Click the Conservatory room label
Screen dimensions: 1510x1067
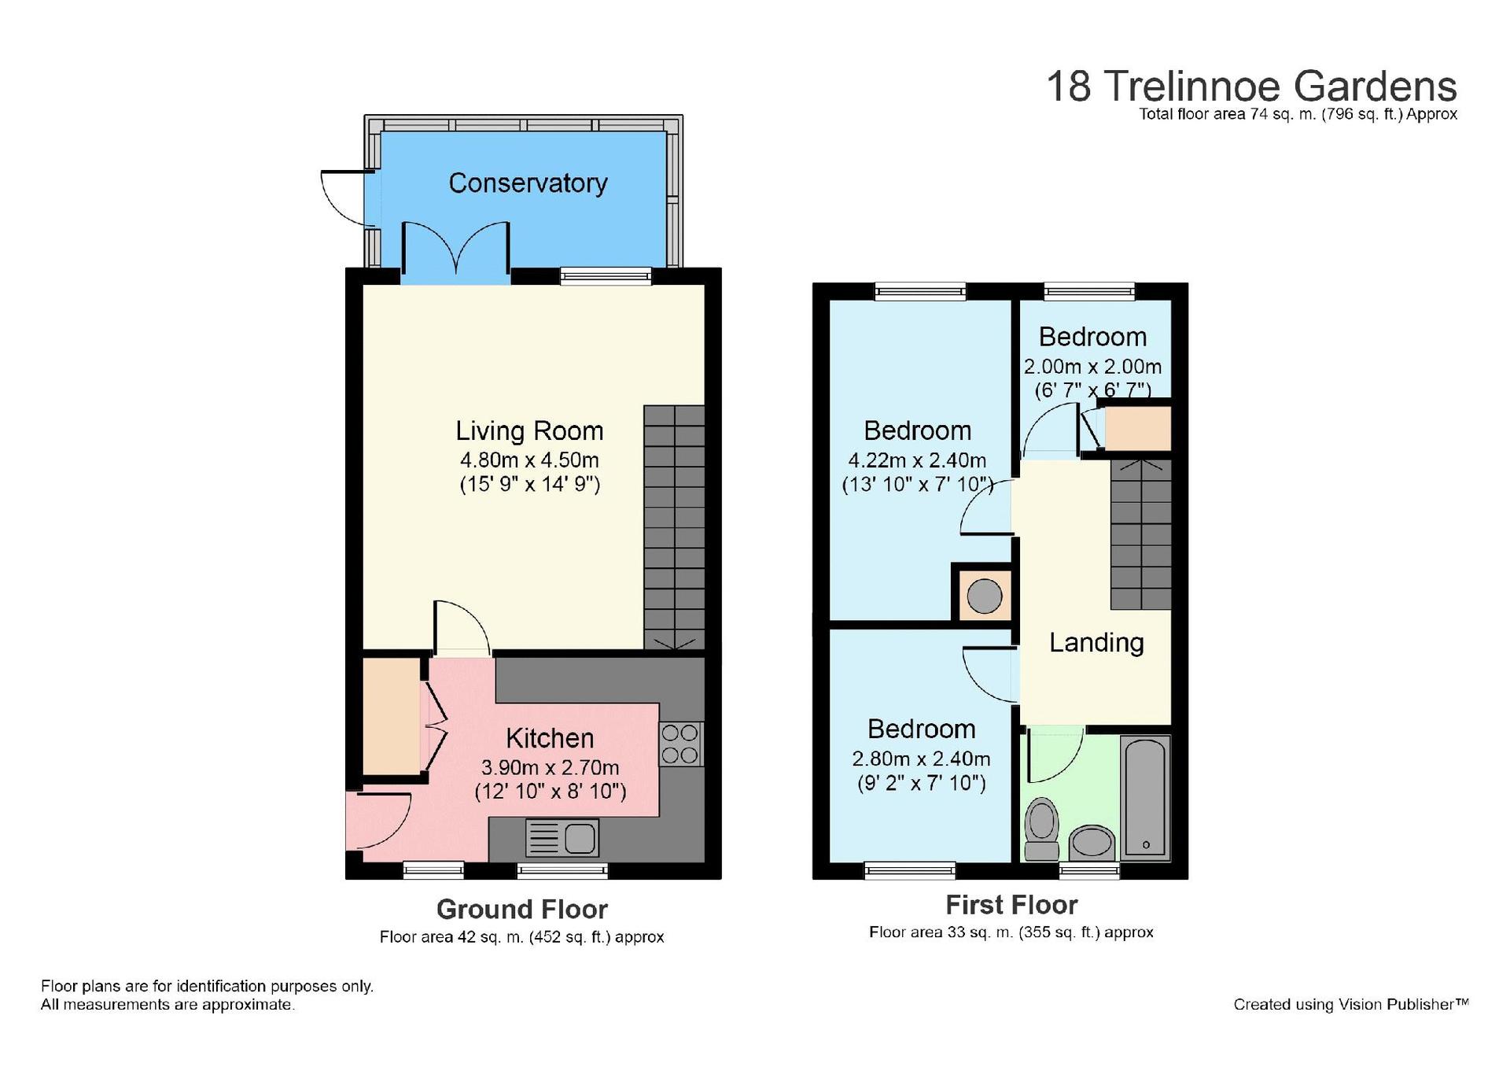pos(528,183)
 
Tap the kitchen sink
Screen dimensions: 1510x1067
pos(562,838)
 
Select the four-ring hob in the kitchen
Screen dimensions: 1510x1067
pos(680,744)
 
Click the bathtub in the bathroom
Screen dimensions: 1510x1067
pos(1146,798)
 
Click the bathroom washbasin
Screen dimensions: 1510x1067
pos(1092,844)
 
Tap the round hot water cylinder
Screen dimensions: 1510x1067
pos(984,596)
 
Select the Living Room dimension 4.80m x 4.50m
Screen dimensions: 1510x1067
pos(529,460)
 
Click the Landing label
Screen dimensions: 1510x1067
pos(1096,643)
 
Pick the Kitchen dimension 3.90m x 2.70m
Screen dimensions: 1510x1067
pos(550,768)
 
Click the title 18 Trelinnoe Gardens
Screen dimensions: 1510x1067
pos(1251,87)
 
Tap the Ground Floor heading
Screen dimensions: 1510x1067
pos(522,910)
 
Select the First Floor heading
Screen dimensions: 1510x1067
pos(1011,906)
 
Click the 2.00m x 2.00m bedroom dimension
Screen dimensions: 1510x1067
pos(1092,367)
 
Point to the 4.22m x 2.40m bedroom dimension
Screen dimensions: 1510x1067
pos(917,460)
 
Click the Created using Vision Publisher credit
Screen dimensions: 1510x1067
pos(1350,1005)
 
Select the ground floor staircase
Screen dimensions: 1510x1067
pos(674,528)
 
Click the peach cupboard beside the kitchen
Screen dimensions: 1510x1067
pos(392,716)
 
